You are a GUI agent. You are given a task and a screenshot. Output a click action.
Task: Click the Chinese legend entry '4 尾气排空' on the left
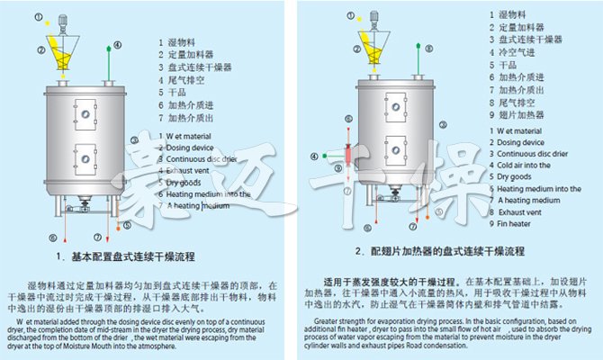pos(184,80)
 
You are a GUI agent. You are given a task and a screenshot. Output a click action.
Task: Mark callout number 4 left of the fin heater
pos(313,156)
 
